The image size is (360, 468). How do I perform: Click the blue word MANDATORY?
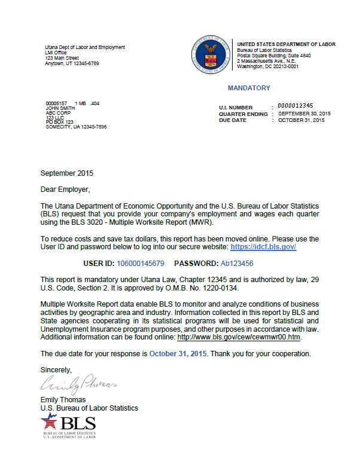point(249,88)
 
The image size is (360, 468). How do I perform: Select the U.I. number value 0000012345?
point(295,106)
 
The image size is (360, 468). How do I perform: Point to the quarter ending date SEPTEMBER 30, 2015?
point(304,113)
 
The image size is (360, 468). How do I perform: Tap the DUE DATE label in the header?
point(232,120)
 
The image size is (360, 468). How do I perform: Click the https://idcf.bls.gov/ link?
point(263,246)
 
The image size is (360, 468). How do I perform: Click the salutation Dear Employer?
point(65,189)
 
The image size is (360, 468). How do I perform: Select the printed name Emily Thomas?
point(63,400)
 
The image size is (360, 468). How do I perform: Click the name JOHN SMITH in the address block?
point(57,108)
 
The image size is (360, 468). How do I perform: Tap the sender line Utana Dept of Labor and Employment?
point(85,47)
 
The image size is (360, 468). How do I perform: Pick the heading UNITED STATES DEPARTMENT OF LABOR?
point(286,44)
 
